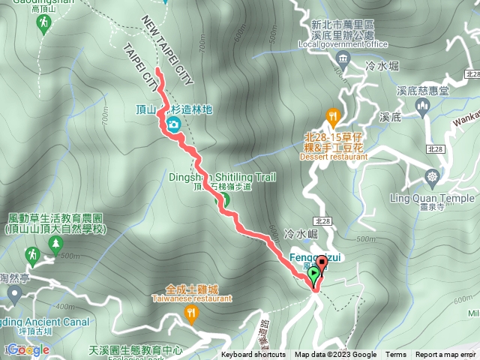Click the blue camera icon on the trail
tap(174, 124)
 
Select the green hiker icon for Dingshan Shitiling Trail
tap(223, 199)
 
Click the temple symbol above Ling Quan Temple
tap(432, 178)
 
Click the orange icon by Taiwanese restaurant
tap(191, 313)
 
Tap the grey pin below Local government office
tap(343, 61)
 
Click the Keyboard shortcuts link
tap(253, 355)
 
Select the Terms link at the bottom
tap(396, 355)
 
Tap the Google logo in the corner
tap(28, 349)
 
